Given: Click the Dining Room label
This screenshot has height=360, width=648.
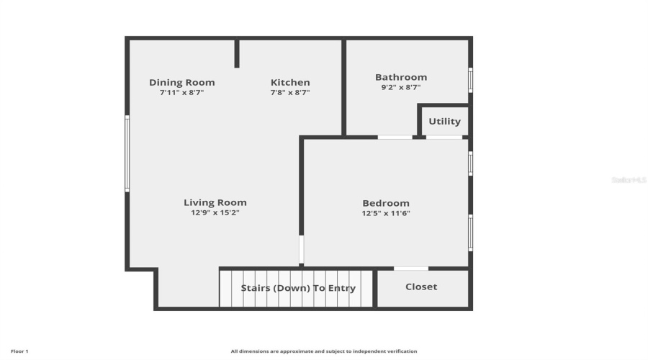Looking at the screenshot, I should coord(182,82).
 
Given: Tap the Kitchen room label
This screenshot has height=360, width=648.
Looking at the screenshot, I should coord(290,82).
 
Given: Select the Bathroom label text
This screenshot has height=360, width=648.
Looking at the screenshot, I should coord(401,77).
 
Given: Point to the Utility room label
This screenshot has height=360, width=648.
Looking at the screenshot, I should coord(444,122).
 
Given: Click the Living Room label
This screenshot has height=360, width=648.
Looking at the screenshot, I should coord(215,202).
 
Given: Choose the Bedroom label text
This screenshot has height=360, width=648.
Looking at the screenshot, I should coord(386,203).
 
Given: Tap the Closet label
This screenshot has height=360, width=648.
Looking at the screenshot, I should coord(421,287).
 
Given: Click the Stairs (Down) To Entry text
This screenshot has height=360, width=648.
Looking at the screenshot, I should coord(298,288).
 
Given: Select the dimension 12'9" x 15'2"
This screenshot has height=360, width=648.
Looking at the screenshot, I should coord(215,213).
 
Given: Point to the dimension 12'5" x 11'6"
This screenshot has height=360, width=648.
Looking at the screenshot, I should coord(386,213).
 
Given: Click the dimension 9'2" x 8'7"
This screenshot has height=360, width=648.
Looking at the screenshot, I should coord(401,87).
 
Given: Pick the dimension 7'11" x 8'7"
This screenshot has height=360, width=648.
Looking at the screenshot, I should coord(182,92).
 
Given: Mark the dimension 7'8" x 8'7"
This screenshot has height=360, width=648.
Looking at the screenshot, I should coord(290,92).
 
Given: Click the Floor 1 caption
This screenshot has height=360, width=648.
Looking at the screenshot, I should coord(19,351).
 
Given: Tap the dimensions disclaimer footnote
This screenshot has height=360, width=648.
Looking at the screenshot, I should coord(324,351).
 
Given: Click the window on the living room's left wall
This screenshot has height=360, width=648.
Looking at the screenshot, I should coord(127,153).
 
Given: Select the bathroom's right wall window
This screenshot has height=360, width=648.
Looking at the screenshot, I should coord(470,80).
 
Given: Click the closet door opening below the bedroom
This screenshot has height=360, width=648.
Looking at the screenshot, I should coord(411,269).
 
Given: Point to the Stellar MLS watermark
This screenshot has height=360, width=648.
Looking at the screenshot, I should coord(629,180).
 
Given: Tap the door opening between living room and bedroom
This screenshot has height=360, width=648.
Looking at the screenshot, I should coord(301,250).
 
